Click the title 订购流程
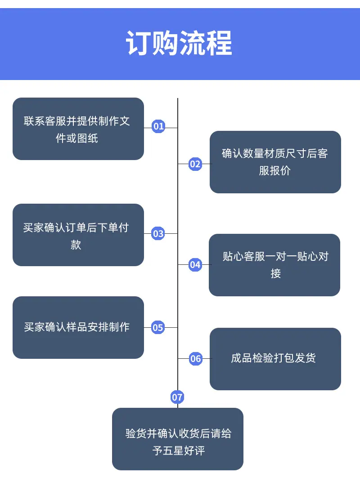(179, 43)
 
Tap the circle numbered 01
(158, 126)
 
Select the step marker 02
(195, 164)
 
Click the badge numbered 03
(158, 234)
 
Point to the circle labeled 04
(195, 265)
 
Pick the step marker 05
(158, 327)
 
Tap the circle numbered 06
(195, 358)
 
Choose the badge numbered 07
(177, 397)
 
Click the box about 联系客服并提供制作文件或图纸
(78, 129)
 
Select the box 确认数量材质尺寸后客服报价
(275, 162)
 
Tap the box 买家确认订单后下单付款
(78, 235)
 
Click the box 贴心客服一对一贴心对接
(274, 265)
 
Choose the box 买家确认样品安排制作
(78, 327)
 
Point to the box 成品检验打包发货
(275, 359)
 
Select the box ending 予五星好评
(178, 439)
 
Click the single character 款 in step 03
(76, 245)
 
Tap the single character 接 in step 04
(276, 273)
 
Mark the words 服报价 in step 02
(275, 170)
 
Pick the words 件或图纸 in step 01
(77, 138)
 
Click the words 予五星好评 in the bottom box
(179, 451)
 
